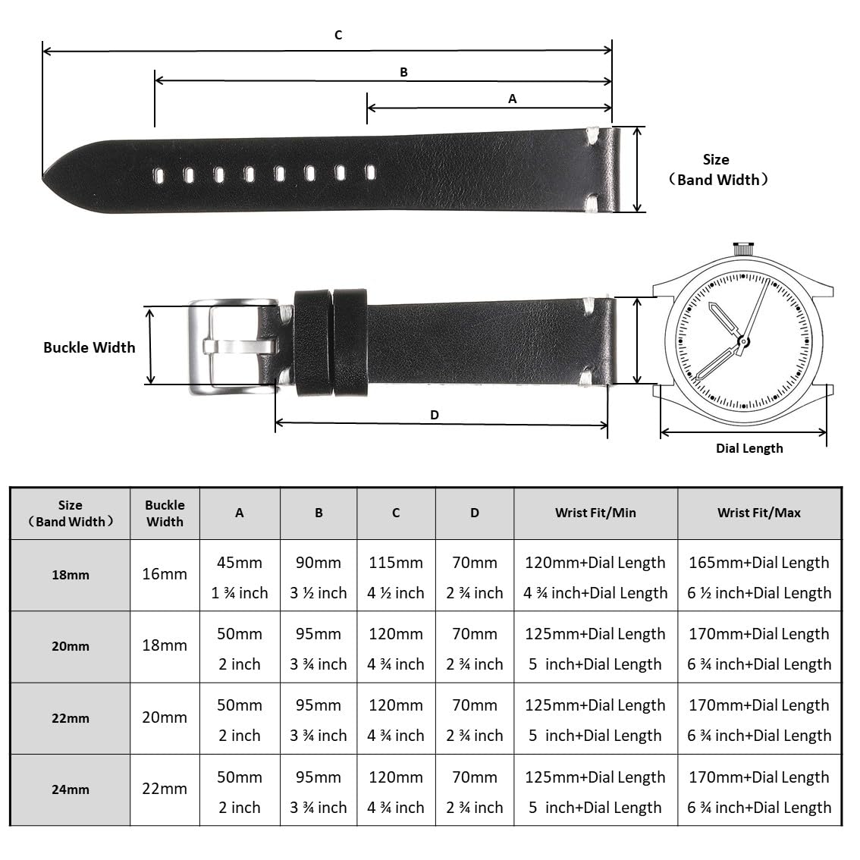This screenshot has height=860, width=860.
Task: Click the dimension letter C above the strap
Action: [338, 35]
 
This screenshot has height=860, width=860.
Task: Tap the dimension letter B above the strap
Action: [403, 72]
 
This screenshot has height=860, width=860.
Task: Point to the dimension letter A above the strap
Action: [512, 99]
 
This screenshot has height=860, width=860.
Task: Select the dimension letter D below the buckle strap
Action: [435, 415]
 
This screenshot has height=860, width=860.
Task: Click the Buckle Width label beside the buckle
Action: [89, 347]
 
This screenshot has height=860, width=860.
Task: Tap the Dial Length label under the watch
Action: [749, 448]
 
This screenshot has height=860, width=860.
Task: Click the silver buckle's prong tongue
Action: [240, 347]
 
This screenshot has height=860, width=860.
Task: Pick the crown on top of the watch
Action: [743, 249]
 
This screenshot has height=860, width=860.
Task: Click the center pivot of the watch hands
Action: [743, 342]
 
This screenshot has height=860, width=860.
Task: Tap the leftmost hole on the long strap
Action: [159, 175]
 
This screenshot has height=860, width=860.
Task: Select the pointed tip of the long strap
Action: [44, 175]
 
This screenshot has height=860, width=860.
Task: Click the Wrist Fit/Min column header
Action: [595, 513]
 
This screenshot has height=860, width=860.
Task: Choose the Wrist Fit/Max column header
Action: [759, 513]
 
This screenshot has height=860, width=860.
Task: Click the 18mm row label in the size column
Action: [71, 575]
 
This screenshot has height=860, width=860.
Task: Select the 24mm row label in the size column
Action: [71, 789]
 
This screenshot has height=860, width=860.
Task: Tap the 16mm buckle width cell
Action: [165, 574]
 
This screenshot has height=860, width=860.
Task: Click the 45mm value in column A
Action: [240, 563]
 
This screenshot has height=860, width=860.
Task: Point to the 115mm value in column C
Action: [396, 563]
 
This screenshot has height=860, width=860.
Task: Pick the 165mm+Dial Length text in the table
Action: [759, 563]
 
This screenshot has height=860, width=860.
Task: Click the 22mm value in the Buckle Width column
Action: [165, 789]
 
